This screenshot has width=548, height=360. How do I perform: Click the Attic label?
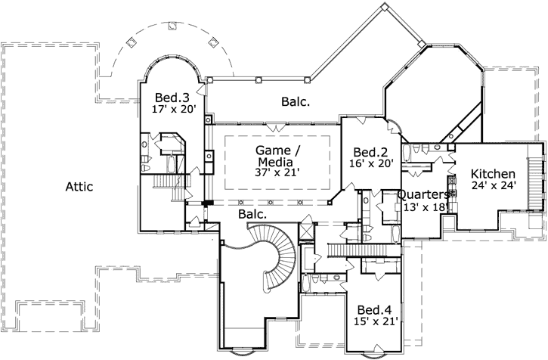click(x=79, y=187)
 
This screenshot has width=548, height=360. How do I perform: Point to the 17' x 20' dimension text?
click(x=173, y=110)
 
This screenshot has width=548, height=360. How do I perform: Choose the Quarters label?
click(x=423, y=194)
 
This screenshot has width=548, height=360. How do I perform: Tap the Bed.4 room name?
click(x=374, y=311)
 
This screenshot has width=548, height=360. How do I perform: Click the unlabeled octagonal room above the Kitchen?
click(x=432, y=95)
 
